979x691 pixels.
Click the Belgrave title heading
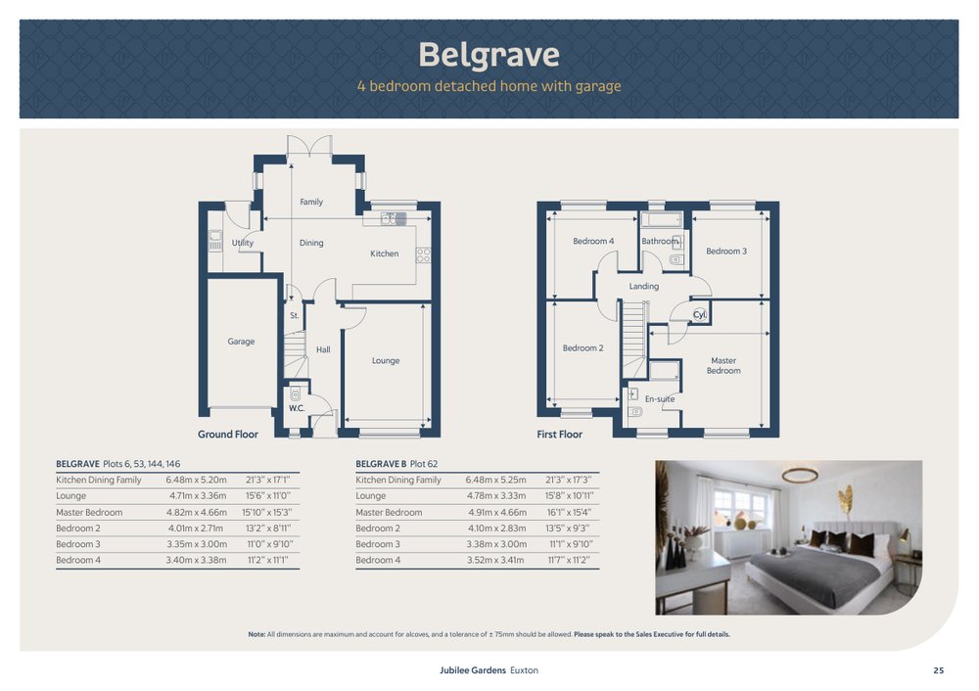pyautogui.click(x=489, y=54)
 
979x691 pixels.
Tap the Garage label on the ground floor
pyautogui.click(x=241, y=342)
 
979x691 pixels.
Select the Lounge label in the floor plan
pyautogui.click(x=385, y=361)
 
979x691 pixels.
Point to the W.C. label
pyautogui.click(x=297, y=408)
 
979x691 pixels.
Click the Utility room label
pyautogui.click(x=242, y=243)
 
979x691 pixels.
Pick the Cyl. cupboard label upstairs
pyautogui.click(x=700, y=314)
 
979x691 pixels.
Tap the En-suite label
pyautogui.click(x=659, y=399)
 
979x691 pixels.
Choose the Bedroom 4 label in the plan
pyautogui.click(x=593, y=241)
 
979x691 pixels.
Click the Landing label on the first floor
pyautogui.click(x=644, y=287)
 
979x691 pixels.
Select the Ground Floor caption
pyautogui.click(x=228, y=435)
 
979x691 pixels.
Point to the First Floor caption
pyautogui.click(x=559, y=435)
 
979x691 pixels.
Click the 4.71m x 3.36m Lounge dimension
pyautogui.click(x=198, y=496)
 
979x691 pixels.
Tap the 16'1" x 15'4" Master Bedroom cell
pyautogui.click(x=569, y=513)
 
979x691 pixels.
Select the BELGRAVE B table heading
pyautogui.click(x=381, y=464)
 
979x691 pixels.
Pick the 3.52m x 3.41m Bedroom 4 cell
pyautogui.click(x=495, y=561)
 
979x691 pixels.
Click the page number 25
pyautogui.click(x=939, y=670)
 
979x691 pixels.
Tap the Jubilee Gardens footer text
pyautogui.click(x=473, y=670)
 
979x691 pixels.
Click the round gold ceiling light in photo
pyautogui.click(x=800, y=476)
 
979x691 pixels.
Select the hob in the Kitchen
pyautogui.click(x=423, y=255)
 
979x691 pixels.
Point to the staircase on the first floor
pyautogui.click(x=634, y=339)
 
